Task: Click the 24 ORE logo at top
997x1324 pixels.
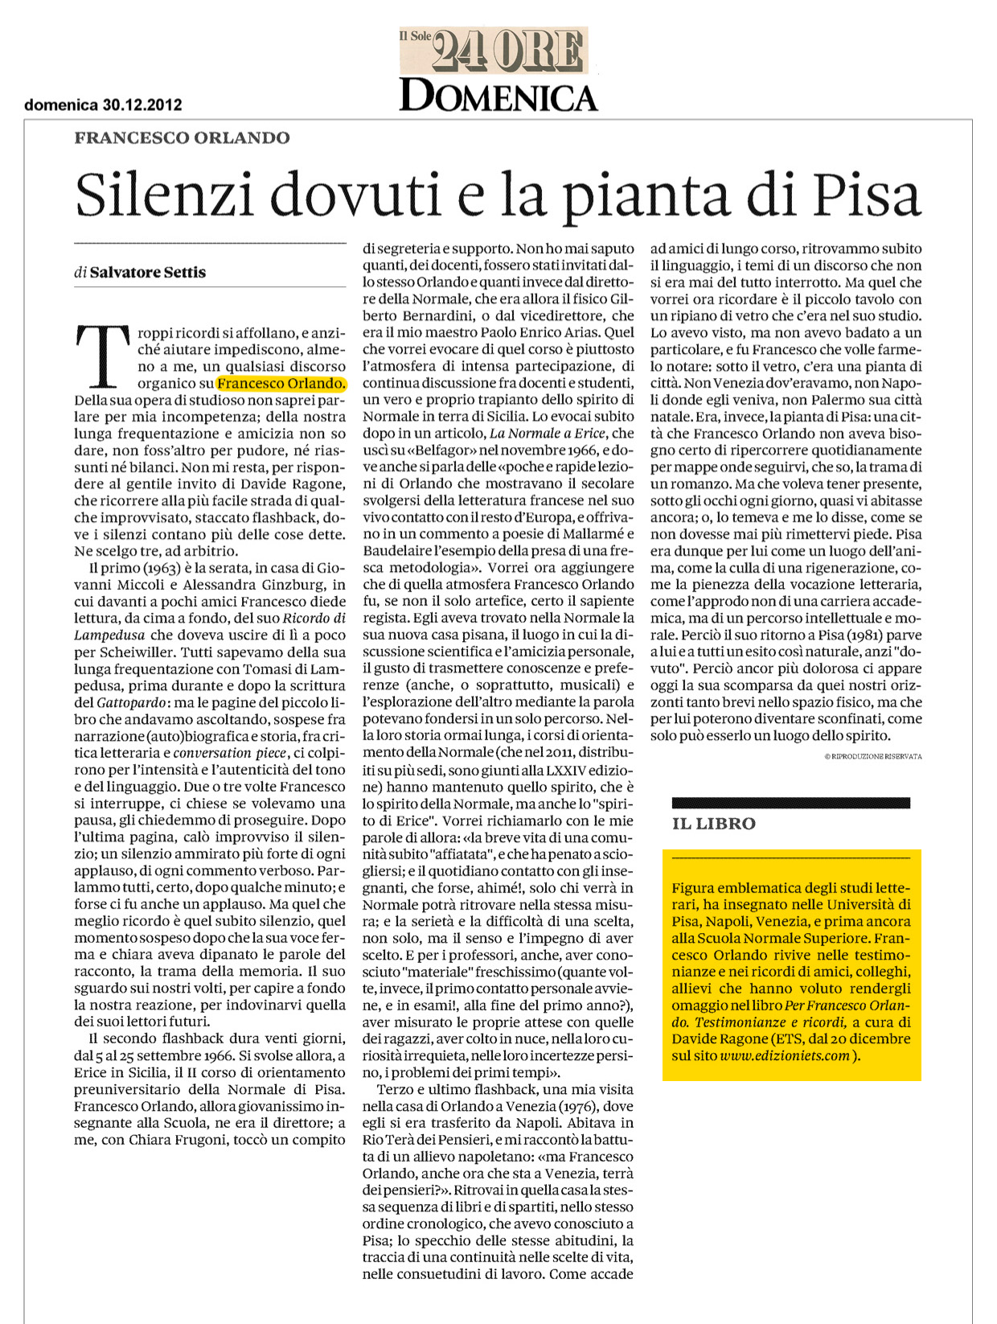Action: pos(507,51)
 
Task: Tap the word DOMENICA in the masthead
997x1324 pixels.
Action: pos(498,96)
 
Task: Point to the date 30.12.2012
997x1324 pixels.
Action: pos(142,105)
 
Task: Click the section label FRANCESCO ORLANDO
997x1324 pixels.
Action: pos(182,138)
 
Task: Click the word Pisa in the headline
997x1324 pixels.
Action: pos(866,195)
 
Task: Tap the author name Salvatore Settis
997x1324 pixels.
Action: pos(148,273)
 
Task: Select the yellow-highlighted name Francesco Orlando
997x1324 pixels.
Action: pos(281,384)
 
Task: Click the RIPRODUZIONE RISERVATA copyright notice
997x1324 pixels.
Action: pos(873,756)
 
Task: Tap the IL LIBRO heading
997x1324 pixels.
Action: pos(714,824)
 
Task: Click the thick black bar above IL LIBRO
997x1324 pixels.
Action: pos(790,802)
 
